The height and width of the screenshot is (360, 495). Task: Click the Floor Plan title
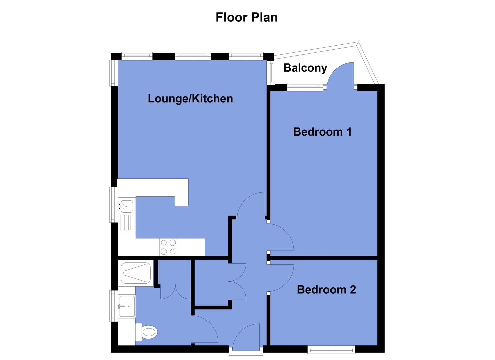pyautogui.click(x=246, y=17)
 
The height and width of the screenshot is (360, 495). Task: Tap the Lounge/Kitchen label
pyautogui.click(x=190, y=99)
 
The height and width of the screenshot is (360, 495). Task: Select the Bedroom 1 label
pyautogui.click(x=322, y=132)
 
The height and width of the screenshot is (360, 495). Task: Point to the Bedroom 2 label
pyautogui.click(x=326, y=289)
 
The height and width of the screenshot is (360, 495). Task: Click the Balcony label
pyautogui.click(x=305, y=68)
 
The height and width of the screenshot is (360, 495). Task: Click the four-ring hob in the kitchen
pyautogui.click(x=168, y=247)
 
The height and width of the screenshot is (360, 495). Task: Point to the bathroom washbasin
pyautogui.click(x=127, y=306)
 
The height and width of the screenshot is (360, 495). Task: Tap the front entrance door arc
pyautogui.click(x=246, y=337)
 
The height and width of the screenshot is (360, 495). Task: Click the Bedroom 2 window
pyautogui.click(x=331, y=349)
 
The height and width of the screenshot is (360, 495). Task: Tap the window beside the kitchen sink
pyautogui.click(x=114, y=205)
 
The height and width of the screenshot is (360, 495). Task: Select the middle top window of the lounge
pyautogui.click(x=193, y=56)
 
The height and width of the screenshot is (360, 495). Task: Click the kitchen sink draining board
pyautogui.click(x=126, y=223)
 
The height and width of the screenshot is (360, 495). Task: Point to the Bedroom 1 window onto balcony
pyautogui.click(x=305, y=87)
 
